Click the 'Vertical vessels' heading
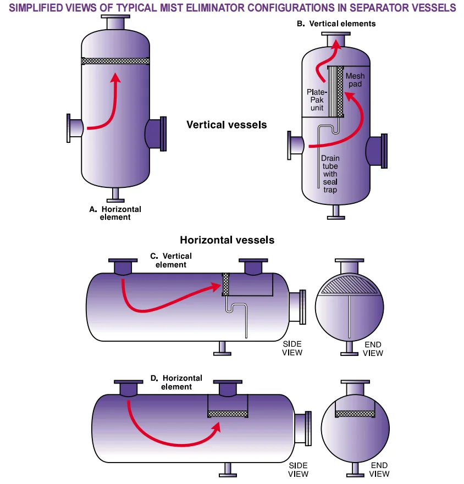[227, 125]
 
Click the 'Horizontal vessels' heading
[227, 240]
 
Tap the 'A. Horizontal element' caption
[115, 213]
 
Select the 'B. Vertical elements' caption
[336, 24]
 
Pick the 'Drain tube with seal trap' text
[330, 174]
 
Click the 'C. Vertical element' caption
[171, 260]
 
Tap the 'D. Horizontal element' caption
[176, 382]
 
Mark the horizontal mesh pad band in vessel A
[115, 62]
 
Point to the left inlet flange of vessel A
[70, 127]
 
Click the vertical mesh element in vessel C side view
[225, 285]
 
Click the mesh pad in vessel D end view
[355, 414]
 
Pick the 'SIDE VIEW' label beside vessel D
[298, 470]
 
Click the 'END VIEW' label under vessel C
[373, 349]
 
